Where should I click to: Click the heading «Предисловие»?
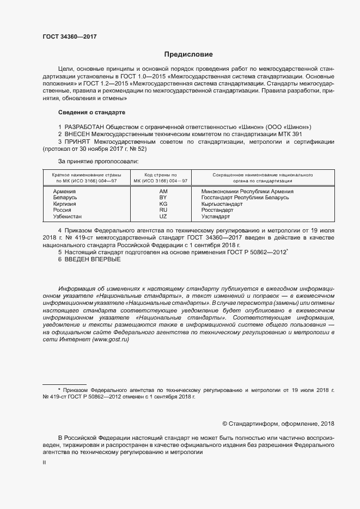pyautogui.click(x=188, y=54)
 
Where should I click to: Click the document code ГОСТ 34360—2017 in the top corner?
pyautogui.click(x=69, y=36)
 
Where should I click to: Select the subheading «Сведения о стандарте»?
pyautogui.click(x=91, y=112)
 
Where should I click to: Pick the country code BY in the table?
pyautogui.click(x=163, y=198)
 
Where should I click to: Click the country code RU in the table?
pyautogui.click(x=163, y=210)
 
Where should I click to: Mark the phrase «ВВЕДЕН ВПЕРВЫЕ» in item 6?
pyautogui.click(x=93, y=259)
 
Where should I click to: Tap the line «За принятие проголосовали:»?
pyautogui.click(x=98, y=161)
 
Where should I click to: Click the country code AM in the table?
pyautogui.click(x=163, y=192)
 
